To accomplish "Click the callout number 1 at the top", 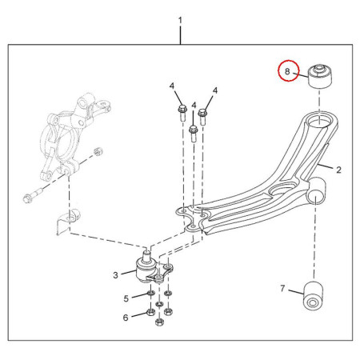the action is point(180,21).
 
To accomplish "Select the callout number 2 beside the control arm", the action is point(338,170).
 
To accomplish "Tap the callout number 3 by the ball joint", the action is point(115,275).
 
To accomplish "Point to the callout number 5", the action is point(126,298).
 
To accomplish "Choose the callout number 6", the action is point(126,318).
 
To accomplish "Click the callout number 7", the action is point(282,288).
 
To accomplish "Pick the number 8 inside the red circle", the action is point(287,71).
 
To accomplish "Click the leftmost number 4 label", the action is point(172,86).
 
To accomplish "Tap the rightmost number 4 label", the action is point(215,90).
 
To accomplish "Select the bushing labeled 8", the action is point(320,76).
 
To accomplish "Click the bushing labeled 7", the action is point(314,295).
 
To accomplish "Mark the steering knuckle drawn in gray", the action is point(72,136).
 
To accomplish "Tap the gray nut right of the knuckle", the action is point(98,151).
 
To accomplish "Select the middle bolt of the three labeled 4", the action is point(194,134).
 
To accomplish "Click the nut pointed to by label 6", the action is point(150,312).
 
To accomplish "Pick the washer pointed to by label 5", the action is point(151,294).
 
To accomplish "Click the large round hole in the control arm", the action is point(282,190).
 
